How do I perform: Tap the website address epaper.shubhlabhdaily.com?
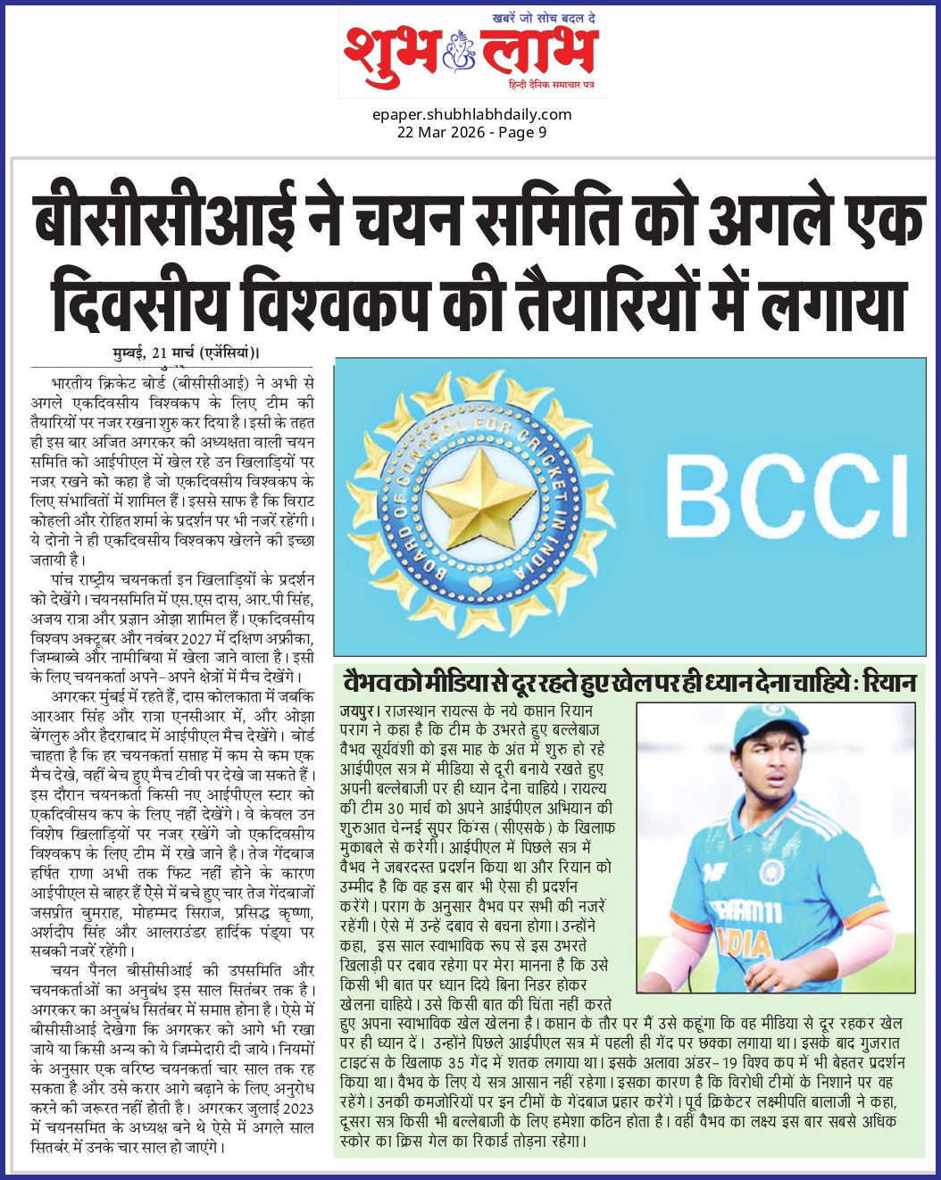tap(472, 114)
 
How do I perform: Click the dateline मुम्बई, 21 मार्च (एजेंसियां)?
tap(187, 353)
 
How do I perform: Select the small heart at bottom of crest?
tap(480, 585)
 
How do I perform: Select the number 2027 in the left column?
tap(196, 639)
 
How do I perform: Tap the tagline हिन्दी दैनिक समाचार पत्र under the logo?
tap(551, 84)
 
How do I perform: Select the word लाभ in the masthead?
tap(537, 52)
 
